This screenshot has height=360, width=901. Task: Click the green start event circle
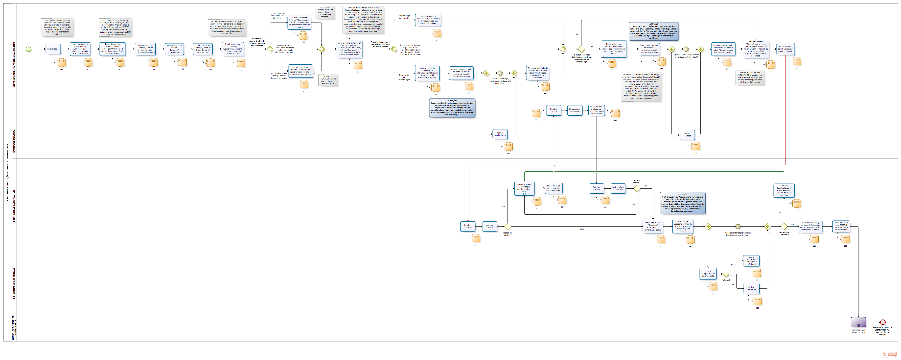tap(29, 49)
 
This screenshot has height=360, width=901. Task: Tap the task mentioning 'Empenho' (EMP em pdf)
tap(174, 49)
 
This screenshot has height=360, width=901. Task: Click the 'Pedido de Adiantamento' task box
tap(145, 49)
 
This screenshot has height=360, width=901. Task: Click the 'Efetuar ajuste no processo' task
tap(575, 110)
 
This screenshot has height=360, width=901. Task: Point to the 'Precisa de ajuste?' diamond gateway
tap(507, 227)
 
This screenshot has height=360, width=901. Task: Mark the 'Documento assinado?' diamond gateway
tap(784, 227)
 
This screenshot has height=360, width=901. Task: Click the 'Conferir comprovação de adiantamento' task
tap(708, 274)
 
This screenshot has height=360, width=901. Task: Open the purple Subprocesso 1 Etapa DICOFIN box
tap(858, 322)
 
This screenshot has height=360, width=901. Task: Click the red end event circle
tap(883, 322)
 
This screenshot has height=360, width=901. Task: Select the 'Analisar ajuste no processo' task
tap(618, 189)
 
